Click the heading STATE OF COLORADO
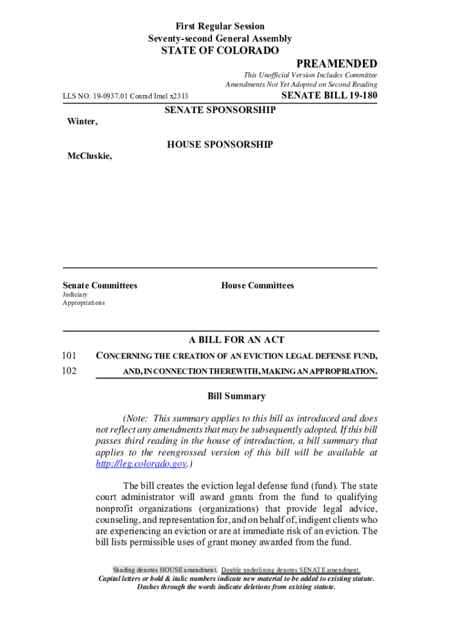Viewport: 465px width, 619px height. [220, 51]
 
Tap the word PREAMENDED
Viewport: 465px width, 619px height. [336, 64]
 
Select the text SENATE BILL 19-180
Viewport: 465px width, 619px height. [330, 95]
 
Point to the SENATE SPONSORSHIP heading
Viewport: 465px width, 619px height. [220, 110]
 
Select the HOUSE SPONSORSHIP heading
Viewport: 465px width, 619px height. [220, 144]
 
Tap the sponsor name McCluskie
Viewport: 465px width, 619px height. [89, 156]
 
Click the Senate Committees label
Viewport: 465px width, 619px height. [100, 285]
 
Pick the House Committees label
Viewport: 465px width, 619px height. [257, 285]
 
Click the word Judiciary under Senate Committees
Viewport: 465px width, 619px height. [75, 294]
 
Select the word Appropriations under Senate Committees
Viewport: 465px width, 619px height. [83, 302]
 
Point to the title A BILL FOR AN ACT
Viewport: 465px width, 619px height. [236, 340]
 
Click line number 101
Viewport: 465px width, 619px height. [69, 355]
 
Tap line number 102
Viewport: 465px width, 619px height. [69, 371]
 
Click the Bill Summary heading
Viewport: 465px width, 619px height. [236, 397]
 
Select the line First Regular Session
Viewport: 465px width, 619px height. [220, 27]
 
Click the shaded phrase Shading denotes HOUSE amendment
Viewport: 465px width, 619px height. [165, 570]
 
